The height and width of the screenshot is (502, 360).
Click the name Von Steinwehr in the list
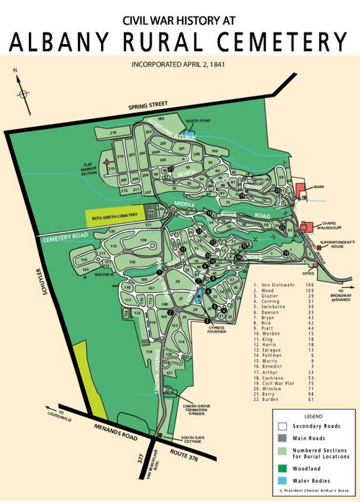tap(284, 285)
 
